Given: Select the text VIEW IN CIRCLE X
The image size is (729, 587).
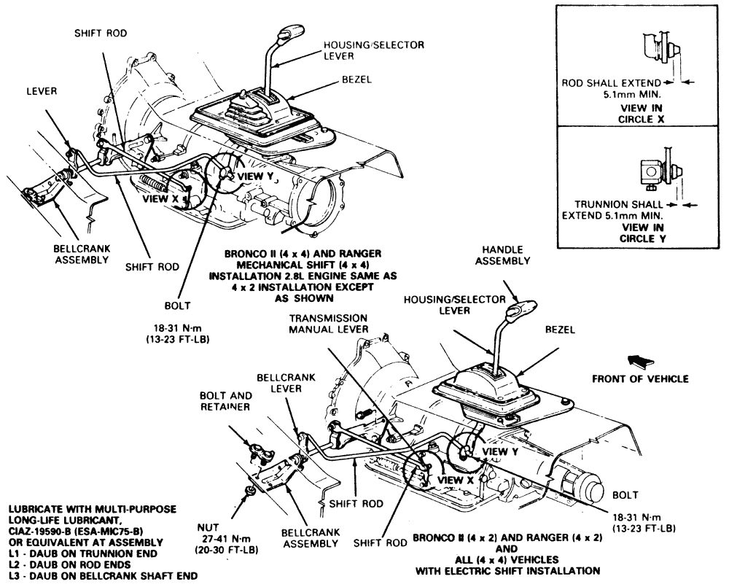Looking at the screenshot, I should point(642,112).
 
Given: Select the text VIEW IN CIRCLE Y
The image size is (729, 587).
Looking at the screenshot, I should point(642,232).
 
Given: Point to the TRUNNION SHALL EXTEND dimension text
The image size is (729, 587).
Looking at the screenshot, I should point(614,211).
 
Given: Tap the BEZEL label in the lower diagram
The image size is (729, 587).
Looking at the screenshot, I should point(561,330).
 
